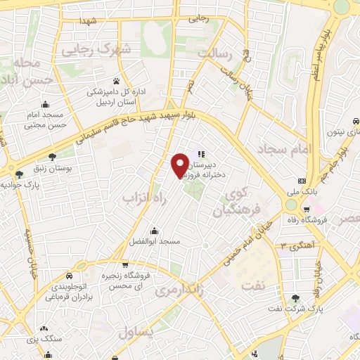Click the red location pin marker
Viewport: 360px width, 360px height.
(180, 164)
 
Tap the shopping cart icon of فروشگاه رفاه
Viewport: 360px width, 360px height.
(307, 209)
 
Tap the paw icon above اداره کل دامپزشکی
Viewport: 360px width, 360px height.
(116, 81)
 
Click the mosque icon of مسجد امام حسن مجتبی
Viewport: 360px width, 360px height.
(45, 105)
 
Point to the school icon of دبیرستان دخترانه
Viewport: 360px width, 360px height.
(200, 153)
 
